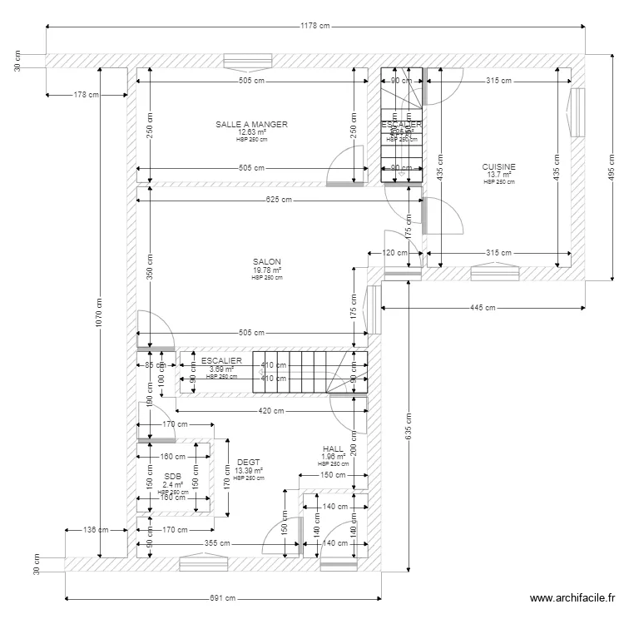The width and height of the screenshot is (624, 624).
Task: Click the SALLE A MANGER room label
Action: (251, 125)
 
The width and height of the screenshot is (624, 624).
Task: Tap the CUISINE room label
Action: (499, 167)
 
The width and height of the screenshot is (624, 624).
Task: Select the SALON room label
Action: (267, 262)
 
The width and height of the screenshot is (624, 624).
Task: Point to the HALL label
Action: (333, 449)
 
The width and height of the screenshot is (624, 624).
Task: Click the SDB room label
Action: (172, 476)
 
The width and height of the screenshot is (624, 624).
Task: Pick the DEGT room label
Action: (248, 463)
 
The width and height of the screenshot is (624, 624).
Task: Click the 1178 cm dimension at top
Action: (314, 27)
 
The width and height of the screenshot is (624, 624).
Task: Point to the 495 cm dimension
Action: (611, 169)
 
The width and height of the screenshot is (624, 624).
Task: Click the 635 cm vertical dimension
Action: (409, 425)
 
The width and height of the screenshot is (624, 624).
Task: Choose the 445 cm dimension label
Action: (483, 308)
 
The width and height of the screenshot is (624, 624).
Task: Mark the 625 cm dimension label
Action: (279, 200)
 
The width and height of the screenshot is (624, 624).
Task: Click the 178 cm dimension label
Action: (87, 95)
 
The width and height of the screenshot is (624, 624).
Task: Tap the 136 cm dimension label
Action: (97, 529)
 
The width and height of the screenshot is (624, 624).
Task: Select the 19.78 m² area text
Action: (267, 270)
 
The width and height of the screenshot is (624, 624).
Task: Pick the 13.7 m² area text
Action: (499, 175)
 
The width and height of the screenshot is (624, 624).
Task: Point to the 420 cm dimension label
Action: (272, 411)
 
